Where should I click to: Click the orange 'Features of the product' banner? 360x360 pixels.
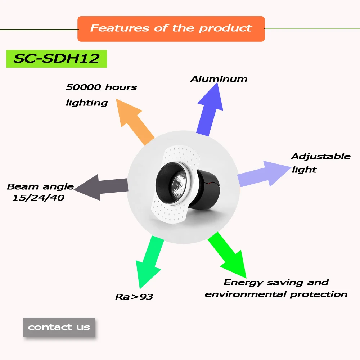[x=171, y=28]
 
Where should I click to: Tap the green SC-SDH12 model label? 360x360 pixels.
[x=57, y=59]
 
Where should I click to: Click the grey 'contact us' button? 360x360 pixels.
[x=59, y=327]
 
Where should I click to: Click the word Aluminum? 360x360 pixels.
[x=219, y=79]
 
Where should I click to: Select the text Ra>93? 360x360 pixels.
[x=134, y=297]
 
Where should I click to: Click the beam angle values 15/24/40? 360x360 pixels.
[x=38, y=198]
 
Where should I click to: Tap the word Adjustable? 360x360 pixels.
[x=320, y=157]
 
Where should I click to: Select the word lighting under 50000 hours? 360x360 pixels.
[x=87, y=103]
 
